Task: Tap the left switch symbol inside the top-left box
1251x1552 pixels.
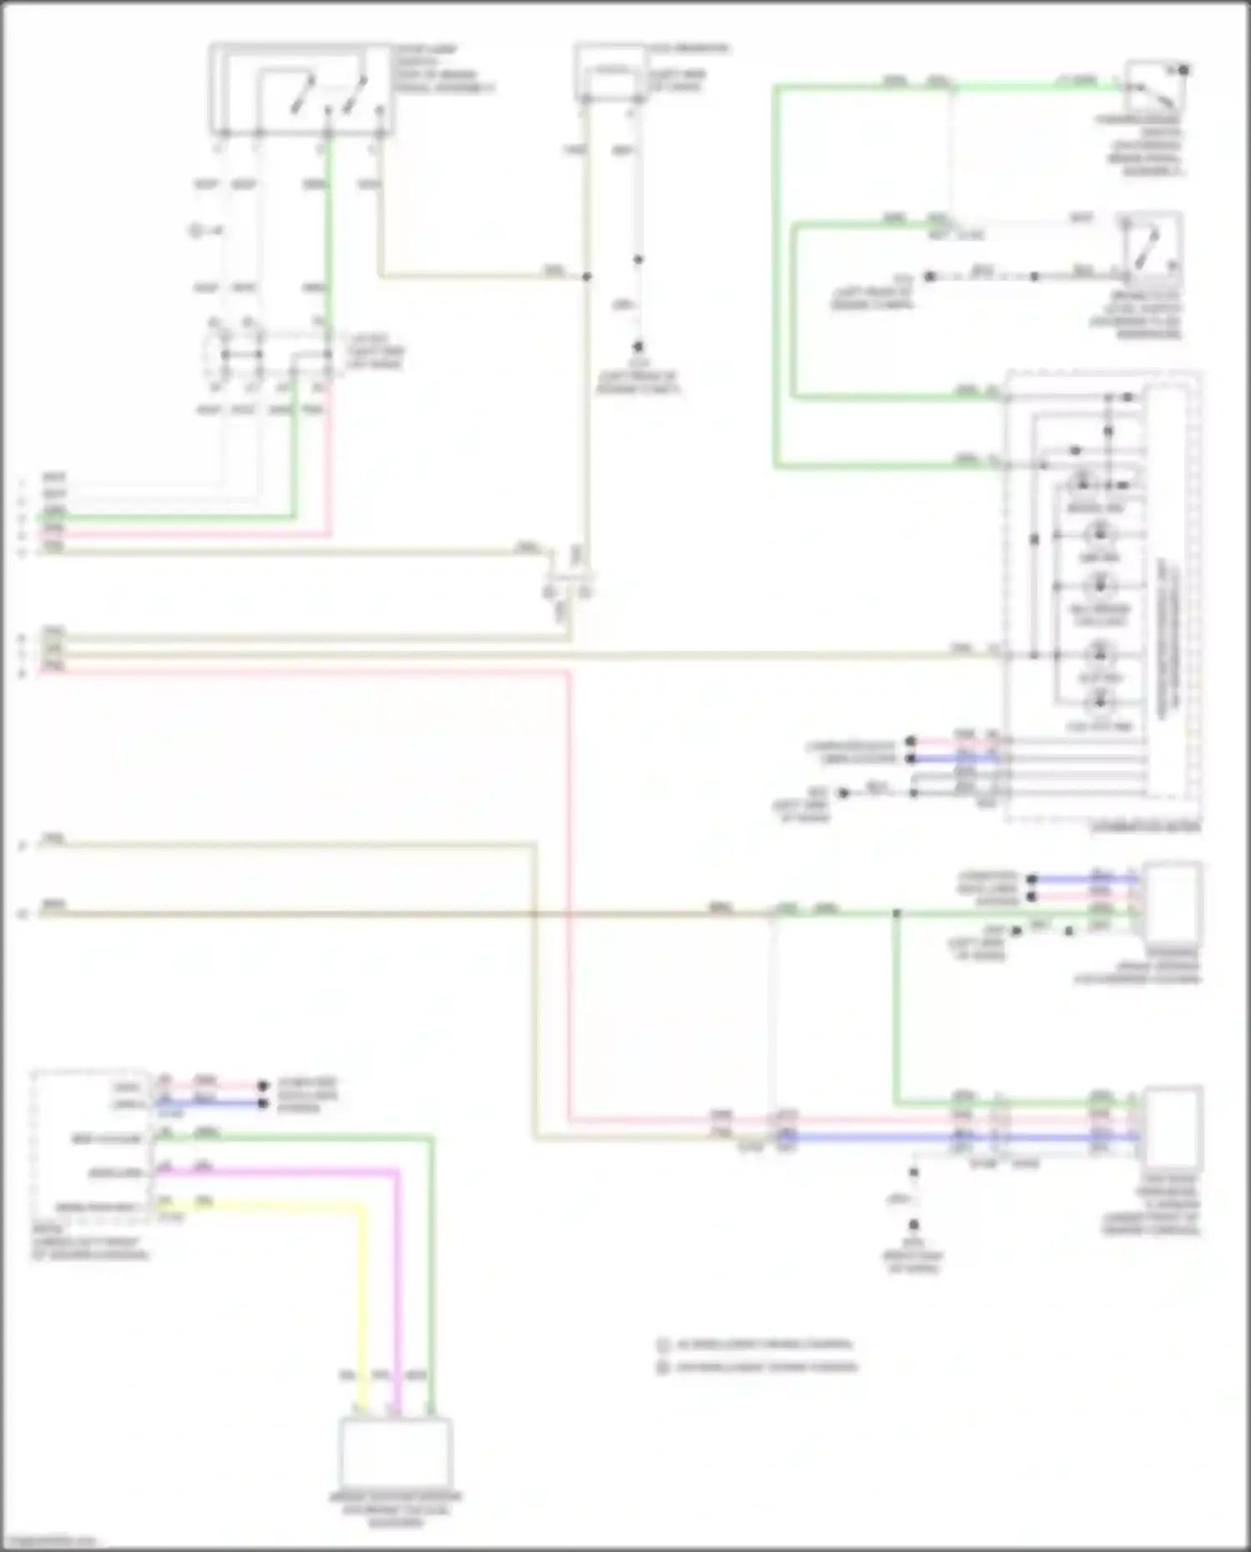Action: tap(302, 93)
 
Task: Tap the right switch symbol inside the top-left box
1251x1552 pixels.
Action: tap(356, 93)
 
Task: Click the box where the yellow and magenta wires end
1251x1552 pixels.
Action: tap(395, 1452)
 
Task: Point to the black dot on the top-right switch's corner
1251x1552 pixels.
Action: tap(1183, 70)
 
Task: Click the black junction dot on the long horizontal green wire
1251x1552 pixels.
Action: tap(897, 914)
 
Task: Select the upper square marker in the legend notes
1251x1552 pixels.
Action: tap(664, 1344)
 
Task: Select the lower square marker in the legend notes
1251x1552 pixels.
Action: tap(664, 1367)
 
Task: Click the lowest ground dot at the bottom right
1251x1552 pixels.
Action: tap(914, 1225)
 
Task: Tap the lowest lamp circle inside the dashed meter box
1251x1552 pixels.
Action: tap(1099, 701)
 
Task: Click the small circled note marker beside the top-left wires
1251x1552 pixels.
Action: tap(195, 231)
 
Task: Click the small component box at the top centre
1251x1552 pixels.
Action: tap(611, 73)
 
